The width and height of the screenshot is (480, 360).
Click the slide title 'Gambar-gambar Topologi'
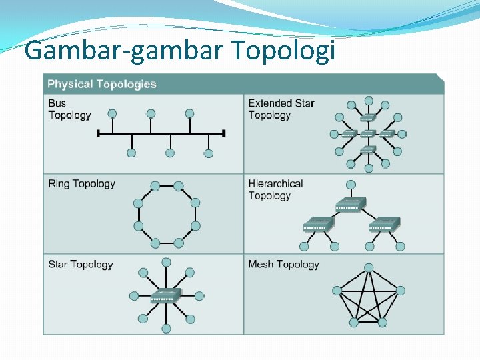point(179,51)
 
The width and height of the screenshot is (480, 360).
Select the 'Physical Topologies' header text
point(102,84)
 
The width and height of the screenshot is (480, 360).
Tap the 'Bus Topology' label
point(69,109)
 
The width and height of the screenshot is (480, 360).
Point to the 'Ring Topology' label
point(81,183)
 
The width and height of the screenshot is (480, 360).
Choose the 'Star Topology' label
point(81,264)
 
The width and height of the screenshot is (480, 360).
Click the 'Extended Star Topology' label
point(281,109)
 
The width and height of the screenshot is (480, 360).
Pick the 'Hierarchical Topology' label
point(275,189)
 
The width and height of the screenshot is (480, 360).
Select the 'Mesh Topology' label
point(283,264)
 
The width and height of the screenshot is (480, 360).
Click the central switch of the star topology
point(165,295)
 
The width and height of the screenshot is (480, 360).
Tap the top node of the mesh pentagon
point(369,268)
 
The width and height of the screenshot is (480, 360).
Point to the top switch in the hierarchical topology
point(351,204)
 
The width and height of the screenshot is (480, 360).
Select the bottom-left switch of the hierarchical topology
point(319,224)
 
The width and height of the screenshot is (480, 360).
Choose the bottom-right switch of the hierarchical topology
point(384,224)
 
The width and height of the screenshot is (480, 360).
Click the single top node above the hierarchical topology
point(351,184)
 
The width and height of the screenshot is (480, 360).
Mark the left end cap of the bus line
point(99,134)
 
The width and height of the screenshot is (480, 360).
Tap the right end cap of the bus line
point(225,134)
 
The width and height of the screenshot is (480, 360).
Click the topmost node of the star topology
point(166,262)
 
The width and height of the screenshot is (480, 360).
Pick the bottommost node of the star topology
point(166,329)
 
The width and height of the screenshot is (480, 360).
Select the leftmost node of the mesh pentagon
point(337,291)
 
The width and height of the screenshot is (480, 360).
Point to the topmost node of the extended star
point(369,101)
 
